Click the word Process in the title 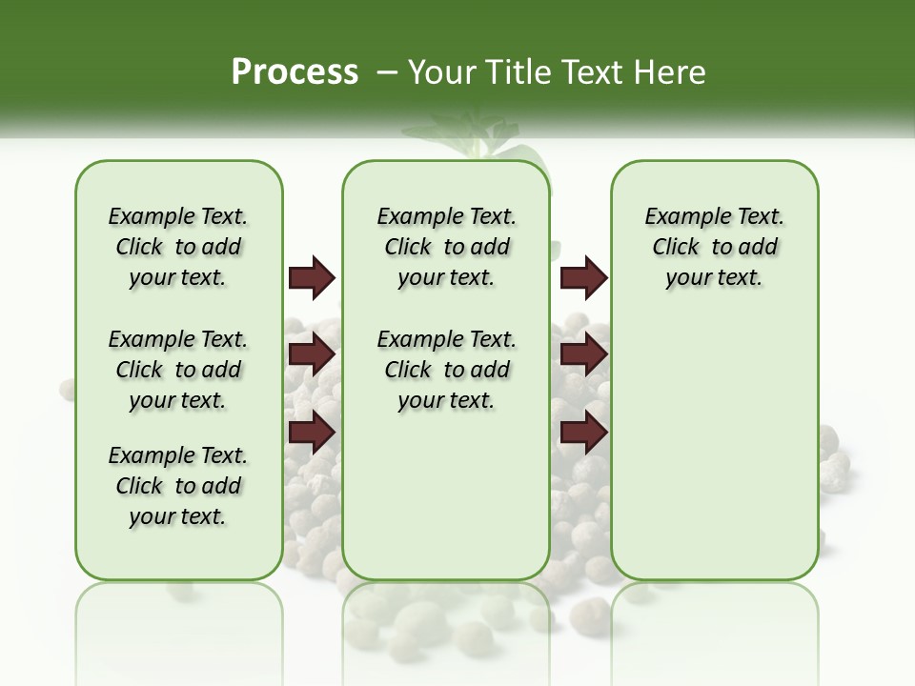[295, 72]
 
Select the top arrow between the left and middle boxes [312, 277]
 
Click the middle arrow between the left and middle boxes [312, 354]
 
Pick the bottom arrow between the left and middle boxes [312, 432]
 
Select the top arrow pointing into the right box [583, 277]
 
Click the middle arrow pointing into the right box [583, 354]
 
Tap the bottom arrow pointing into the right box [583, 432]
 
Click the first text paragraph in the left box [178, 247]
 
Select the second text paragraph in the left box [178, 370]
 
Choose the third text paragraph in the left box [178, 486]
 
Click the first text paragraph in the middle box [446, 247]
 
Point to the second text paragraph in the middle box [446, 370]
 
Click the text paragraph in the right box [714, 247]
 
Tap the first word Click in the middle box [408, 248]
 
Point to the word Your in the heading [434, 72]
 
